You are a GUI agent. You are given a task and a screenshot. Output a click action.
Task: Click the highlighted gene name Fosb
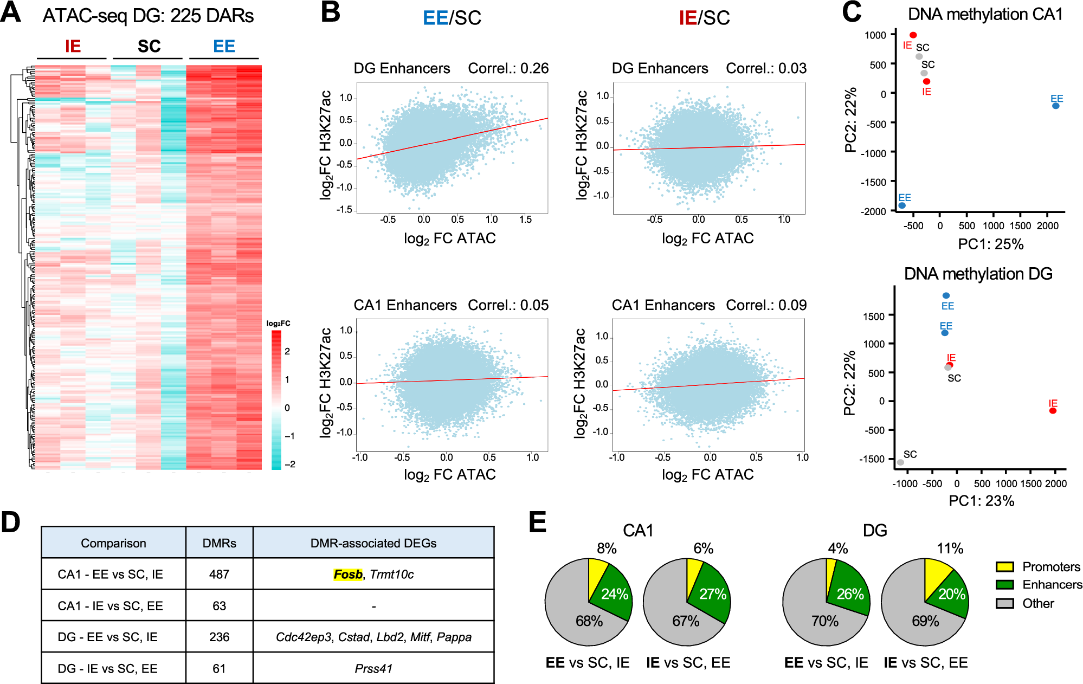pos(348,575)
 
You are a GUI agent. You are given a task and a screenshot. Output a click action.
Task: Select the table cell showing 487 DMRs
pos(219,575)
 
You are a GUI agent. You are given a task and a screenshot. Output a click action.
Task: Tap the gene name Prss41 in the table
pos(373,669)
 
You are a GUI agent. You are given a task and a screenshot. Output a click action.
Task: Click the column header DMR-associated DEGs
pos(373,543)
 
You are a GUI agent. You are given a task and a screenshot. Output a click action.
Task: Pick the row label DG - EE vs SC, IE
pos(107,637)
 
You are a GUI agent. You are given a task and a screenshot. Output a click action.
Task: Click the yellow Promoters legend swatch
pos(1004,567)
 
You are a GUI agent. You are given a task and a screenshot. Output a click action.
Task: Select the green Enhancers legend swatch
pos(1004,585)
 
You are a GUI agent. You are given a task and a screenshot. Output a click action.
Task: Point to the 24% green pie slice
pos(614,594)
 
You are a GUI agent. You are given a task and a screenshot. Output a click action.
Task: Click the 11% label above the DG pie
pos(950,549)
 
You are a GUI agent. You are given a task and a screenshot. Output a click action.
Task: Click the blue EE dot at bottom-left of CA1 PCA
pos(902,205)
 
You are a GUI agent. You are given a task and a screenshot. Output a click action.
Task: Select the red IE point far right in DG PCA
pos(1053,411)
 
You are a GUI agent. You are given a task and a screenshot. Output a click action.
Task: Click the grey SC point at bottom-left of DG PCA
pos(900,462)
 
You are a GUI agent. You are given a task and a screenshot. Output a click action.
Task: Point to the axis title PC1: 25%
pos(990,244)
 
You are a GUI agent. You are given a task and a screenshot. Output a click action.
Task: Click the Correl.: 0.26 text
pos(508,68)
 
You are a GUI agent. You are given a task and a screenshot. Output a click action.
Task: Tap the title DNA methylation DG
pos(978,274)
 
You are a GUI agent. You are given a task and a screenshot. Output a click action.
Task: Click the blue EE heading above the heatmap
pos(224,47)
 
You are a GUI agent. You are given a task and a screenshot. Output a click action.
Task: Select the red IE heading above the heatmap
pos(73,47)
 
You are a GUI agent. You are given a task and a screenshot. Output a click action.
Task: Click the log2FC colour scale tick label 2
pos(287,351)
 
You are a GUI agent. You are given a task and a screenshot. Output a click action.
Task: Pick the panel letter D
pos(10,522)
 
